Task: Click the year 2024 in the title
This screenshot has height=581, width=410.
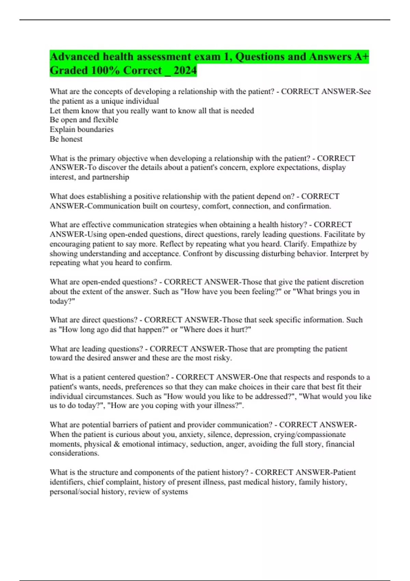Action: click(185, 70)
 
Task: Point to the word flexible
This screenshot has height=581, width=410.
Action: click(106, 120)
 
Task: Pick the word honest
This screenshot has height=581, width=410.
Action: click(71, 139)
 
